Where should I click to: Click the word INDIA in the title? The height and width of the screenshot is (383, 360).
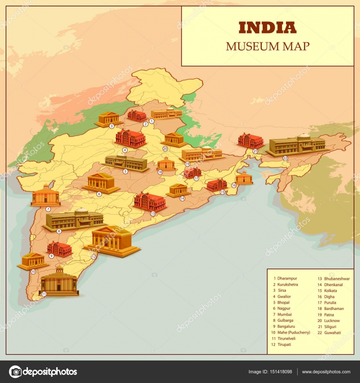(267, 27)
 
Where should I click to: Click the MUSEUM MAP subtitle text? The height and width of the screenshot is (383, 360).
(267, 46)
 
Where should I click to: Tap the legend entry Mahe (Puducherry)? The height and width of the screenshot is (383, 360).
(293, 332)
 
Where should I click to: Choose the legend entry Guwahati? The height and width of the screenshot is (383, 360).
(332, 333)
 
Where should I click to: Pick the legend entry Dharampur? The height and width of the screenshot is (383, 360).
(287, 279)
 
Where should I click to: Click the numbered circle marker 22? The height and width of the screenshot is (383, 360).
(285, 158)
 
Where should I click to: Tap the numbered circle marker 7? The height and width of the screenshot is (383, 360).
(48, 209)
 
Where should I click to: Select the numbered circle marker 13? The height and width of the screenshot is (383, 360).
(153, 213)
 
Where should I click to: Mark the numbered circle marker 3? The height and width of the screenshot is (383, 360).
(111, 126)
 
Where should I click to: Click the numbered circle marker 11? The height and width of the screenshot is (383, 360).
(44, 294)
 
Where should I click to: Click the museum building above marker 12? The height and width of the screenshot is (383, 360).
(112, 240)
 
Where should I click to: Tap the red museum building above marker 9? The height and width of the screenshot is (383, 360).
(59, 249)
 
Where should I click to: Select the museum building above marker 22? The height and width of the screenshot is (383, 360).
(297, 145)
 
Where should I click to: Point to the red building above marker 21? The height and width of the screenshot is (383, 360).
(250, 140)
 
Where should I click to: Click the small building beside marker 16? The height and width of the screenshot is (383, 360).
(244, 178)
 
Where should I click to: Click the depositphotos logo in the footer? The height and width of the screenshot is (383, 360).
(43, 372)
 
